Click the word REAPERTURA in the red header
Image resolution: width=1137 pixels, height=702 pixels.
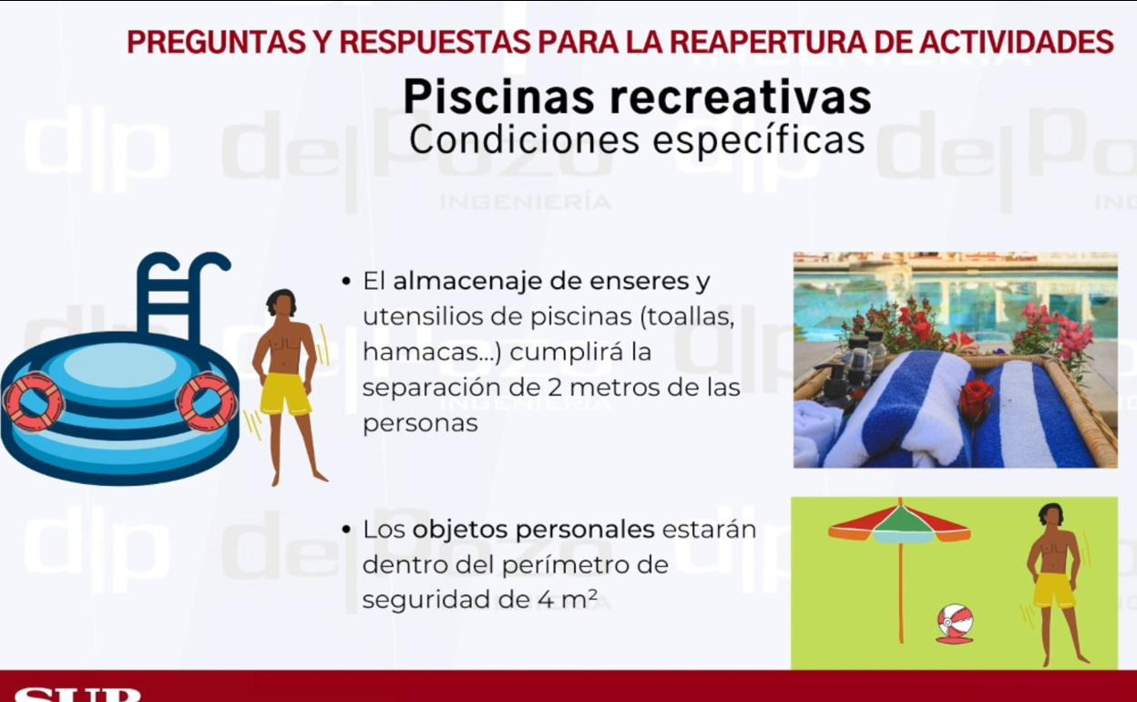point(767,42)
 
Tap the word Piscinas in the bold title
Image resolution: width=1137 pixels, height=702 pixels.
point(498,98)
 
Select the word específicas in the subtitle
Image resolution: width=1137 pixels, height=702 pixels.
point(759,140)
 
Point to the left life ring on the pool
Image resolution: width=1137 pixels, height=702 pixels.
point(34,402)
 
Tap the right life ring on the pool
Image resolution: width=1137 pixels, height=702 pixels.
point(208,401)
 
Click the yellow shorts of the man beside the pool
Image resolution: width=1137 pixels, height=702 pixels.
point(285,394)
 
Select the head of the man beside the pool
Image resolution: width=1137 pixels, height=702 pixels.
point(282,303)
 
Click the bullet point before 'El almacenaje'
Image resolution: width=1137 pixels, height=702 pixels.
point(347,282)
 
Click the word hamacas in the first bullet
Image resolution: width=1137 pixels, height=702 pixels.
point(425,352)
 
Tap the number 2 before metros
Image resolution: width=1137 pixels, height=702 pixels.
point(555,388)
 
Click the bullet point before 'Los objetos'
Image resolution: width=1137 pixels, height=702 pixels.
point(347,531)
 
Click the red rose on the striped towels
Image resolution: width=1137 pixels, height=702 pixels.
point(976,397)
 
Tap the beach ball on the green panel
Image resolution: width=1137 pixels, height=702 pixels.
point(955,623)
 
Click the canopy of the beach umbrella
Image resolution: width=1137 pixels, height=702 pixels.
point(899,524)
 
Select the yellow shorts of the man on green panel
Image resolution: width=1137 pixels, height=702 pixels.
point(1054,590)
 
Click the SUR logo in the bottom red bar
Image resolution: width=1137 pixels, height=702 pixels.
point(77,695)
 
